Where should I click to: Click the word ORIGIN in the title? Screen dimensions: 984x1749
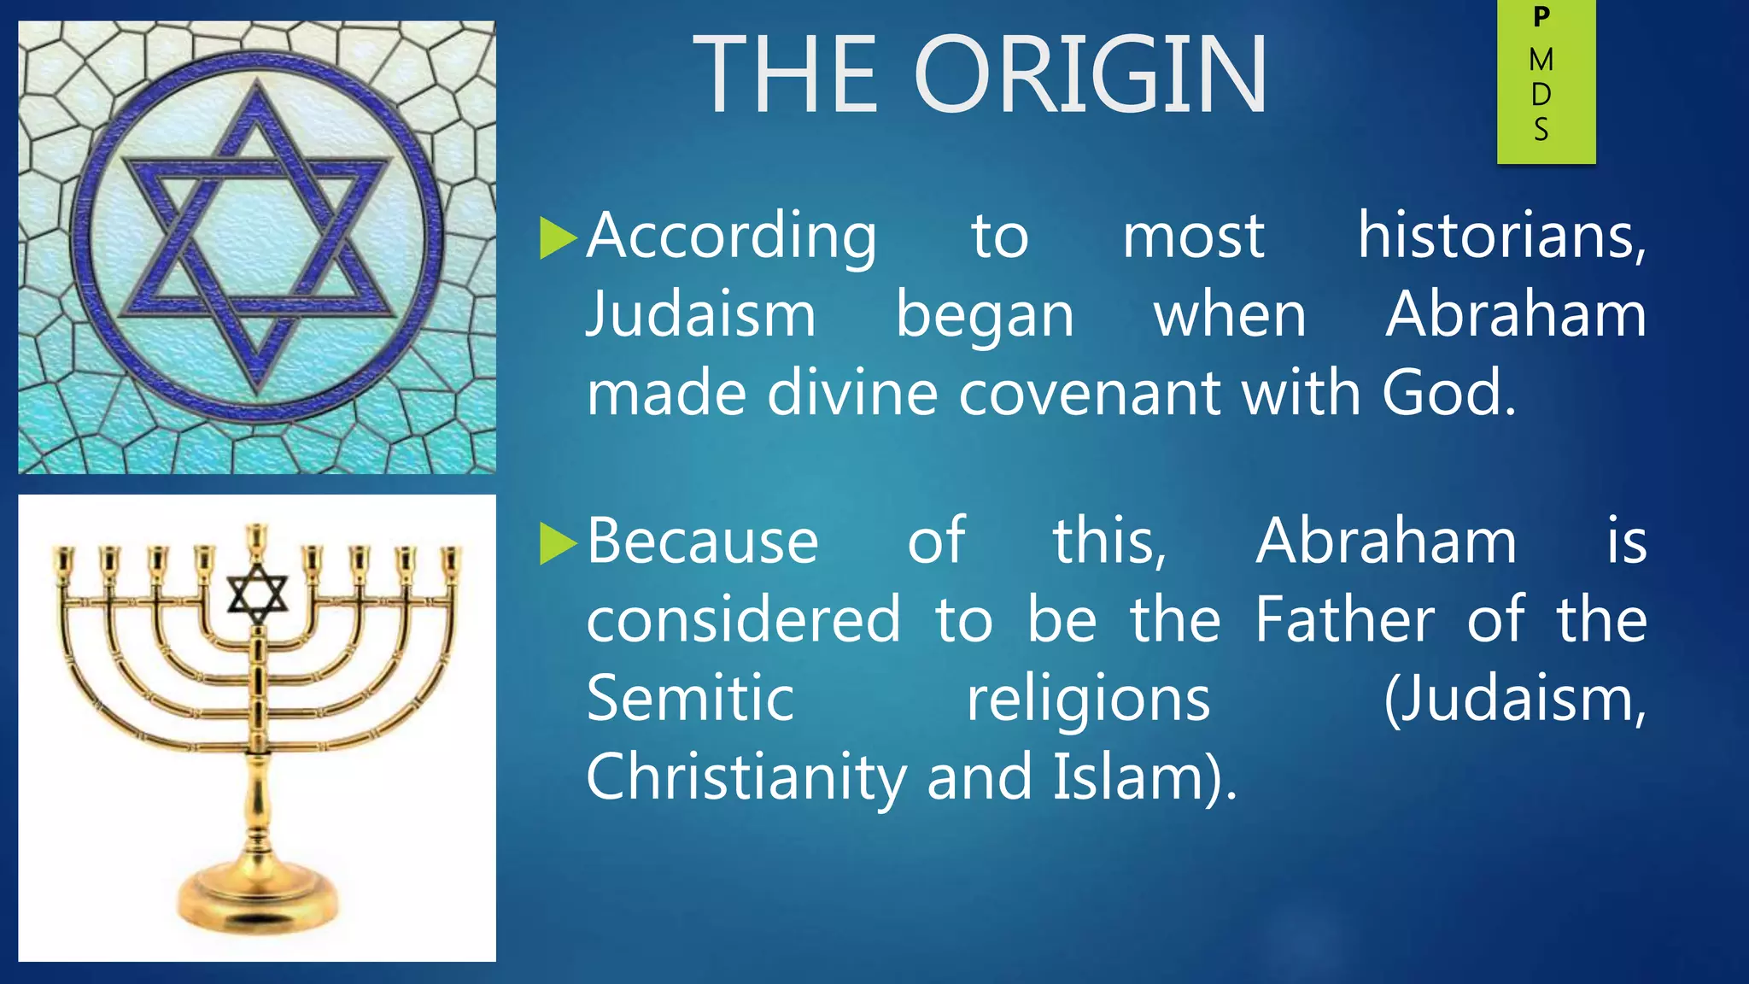(x=1091, y=75)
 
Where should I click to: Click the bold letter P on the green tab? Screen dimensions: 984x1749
(x=1541, y=17)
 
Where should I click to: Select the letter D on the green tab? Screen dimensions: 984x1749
(x=1541, y=95)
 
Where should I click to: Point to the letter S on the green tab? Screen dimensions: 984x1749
(x=1541, y=130)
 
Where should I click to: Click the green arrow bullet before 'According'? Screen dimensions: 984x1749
(x=559, y=238)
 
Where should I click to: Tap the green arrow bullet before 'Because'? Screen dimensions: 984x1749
(x=559, y=543)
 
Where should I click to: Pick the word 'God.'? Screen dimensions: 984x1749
(x=1449, y=394)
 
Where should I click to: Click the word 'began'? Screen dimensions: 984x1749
(x=985, y=316)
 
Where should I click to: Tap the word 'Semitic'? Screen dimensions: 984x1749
(x=690, y=699)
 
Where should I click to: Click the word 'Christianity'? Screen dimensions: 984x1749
(x=746, y=777)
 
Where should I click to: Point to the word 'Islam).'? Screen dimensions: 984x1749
(x=1144, y=777)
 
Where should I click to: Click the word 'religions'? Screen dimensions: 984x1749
(x=1088, y=699)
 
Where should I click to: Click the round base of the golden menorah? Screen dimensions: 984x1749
(x=257, y=897)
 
